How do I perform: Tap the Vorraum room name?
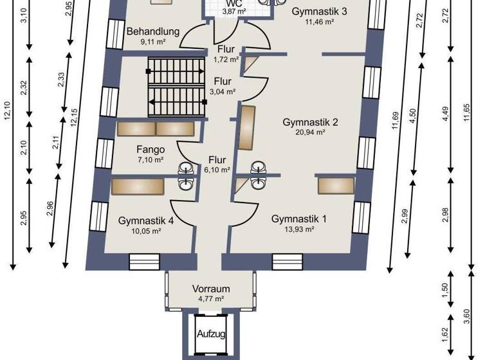[x=210, y=289]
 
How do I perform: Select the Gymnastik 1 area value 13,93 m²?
[x=299, y=229]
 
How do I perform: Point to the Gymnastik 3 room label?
[x=320, y=11]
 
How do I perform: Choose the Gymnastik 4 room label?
[x=146, y=221]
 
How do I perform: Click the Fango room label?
[x=146, y=149]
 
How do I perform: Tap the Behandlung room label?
[x=152, y=31]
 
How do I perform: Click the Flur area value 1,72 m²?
[x=226, y=59]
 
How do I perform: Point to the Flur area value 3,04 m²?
[x=223, y=91]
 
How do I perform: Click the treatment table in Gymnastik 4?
[x=140, y=187]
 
